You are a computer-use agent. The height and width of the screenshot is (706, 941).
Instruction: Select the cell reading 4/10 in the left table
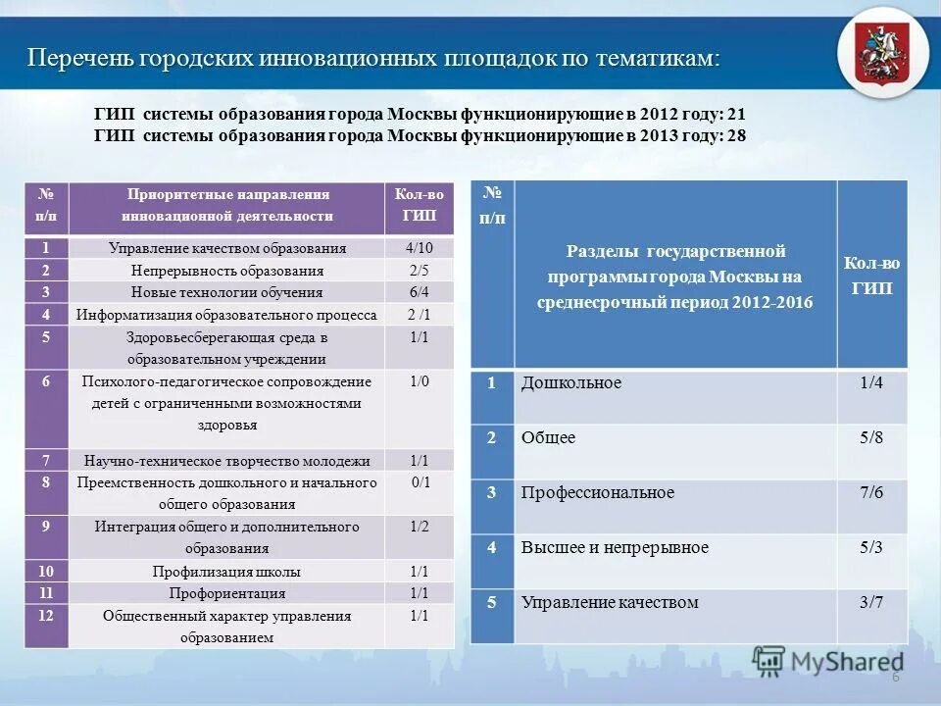[418, 248]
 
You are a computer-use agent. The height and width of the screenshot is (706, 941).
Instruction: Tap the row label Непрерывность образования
[226, 271]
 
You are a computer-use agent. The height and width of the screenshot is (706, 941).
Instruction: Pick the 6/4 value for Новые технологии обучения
[419, 292]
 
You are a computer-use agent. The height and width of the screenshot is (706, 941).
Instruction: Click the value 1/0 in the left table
[419, 380]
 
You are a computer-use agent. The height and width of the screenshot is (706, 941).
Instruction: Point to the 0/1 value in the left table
[420, 481]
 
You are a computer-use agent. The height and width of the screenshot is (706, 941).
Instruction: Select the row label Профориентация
[226, 593]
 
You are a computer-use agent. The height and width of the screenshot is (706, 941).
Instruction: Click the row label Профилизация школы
[226, 572]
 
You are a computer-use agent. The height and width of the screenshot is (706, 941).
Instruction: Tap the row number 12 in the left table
[46, 616]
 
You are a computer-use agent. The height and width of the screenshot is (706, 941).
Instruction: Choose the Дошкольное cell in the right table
[571, 382]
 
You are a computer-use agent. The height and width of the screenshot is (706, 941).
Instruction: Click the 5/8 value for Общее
[871, 437]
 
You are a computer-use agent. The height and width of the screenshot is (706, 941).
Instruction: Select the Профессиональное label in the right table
[598, 492]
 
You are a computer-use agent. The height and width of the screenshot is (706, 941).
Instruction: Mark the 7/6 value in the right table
[871, 492]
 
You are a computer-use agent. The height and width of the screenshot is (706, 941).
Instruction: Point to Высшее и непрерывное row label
[615, 547]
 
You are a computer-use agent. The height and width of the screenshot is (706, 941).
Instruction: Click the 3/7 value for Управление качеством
[871, 602]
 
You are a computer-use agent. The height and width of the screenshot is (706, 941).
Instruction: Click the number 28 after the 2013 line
[736, 136]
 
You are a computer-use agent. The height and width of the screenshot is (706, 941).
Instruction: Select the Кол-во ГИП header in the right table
[871, 276]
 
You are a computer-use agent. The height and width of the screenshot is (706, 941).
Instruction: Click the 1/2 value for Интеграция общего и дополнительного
[419, 527]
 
